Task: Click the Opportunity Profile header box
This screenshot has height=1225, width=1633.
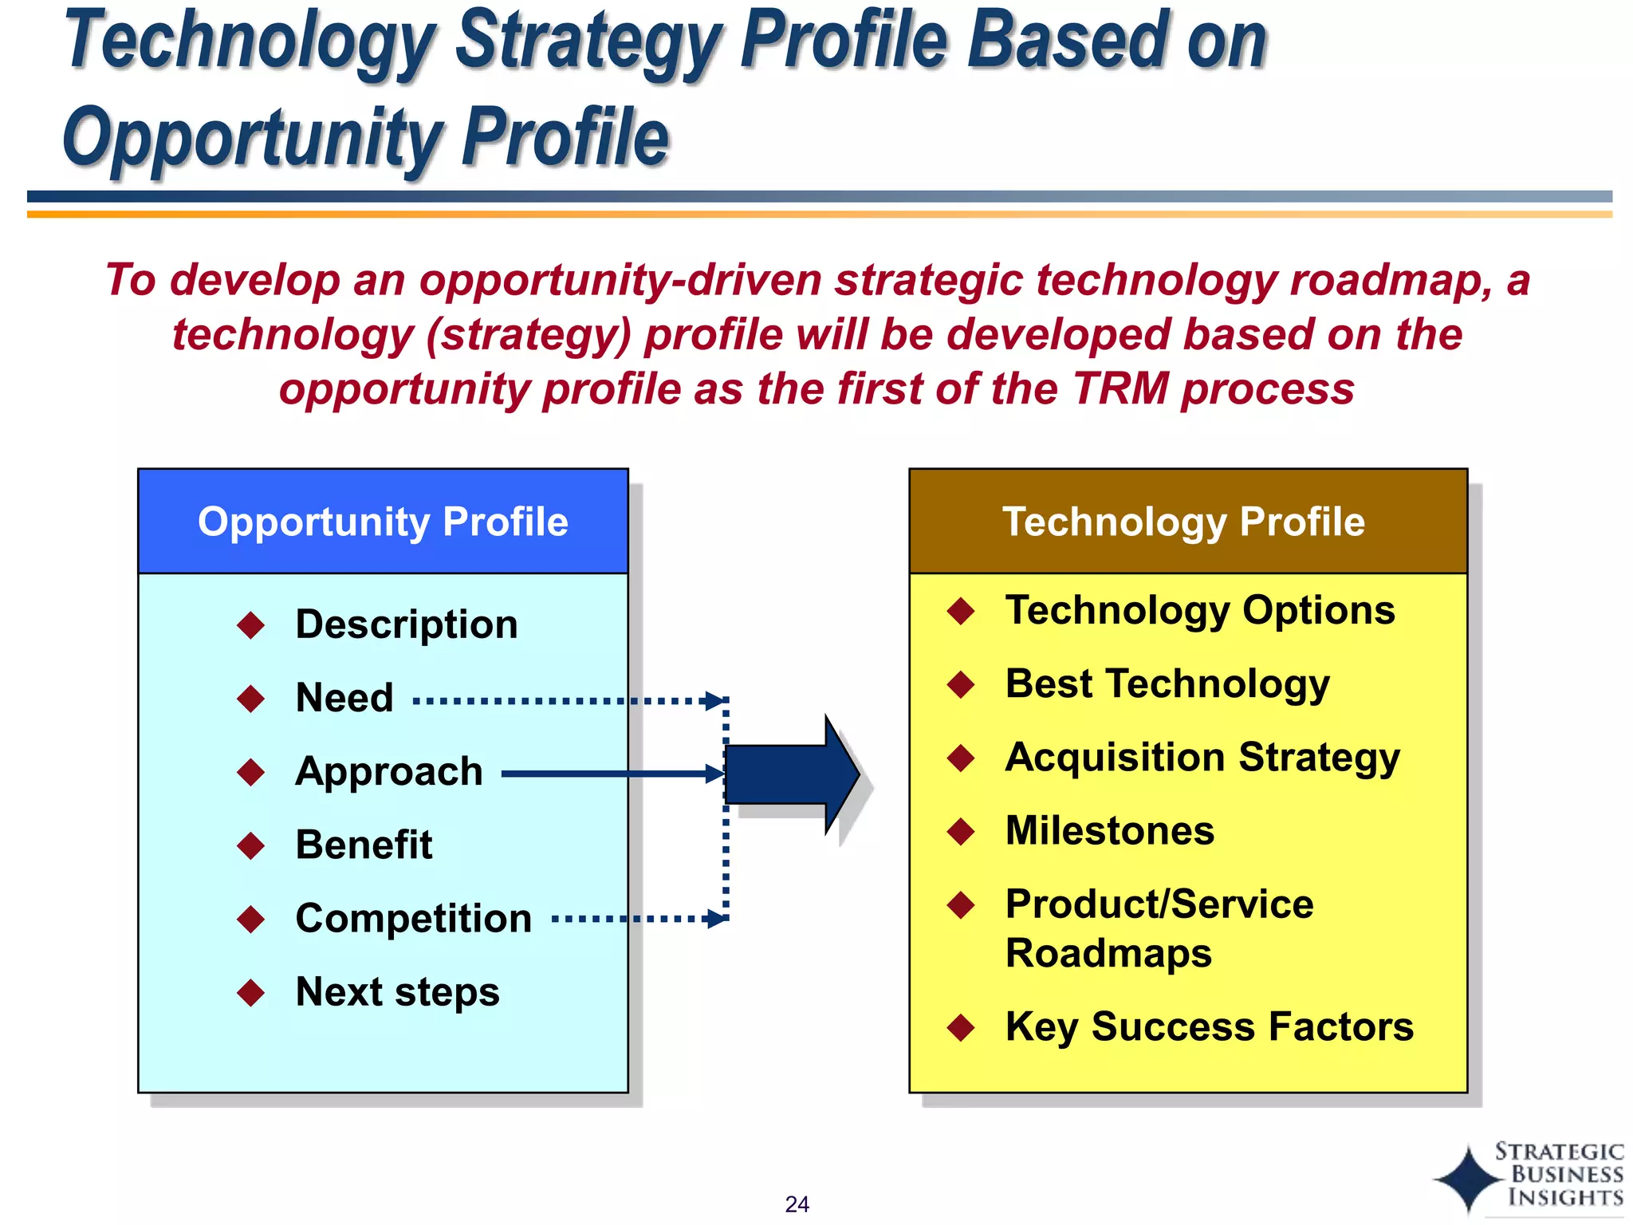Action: [383, 522]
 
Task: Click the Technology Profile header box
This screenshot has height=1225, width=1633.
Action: [1187, 522]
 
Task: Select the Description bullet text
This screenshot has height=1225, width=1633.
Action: [406, 624]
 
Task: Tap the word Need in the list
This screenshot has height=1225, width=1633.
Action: [344, 698]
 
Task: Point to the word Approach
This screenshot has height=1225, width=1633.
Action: [389, 771]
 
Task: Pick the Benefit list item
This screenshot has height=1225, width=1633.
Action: [364, 845]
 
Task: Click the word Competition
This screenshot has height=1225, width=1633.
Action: [413, 918]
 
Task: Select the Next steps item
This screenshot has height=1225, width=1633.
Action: [397, 992]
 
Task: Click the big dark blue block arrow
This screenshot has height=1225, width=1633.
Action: [789, 774]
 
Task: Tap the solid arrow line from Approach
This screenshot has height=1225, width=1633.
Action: [606, 774]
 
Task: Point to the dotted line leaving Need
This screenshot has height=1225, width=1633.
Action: [558, 702]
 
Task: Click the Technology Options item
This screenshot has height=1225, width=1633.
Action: [1199, 610]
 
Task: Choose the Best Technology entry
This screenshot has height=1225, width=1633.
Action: [1167, 683]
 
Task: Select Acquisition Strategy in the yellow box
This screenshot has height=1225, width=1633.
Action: [1202, 757]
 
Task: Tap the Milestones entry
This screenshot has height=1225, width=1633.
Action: [1110, 830]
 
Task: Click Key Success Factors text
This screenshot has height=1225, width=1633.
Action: [1209, 1026]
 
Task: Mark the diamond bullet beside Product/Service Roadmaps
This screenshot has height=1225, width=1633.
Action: [961, 905]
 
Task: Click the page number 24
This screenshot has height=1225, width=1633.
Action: [797, 1204]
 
